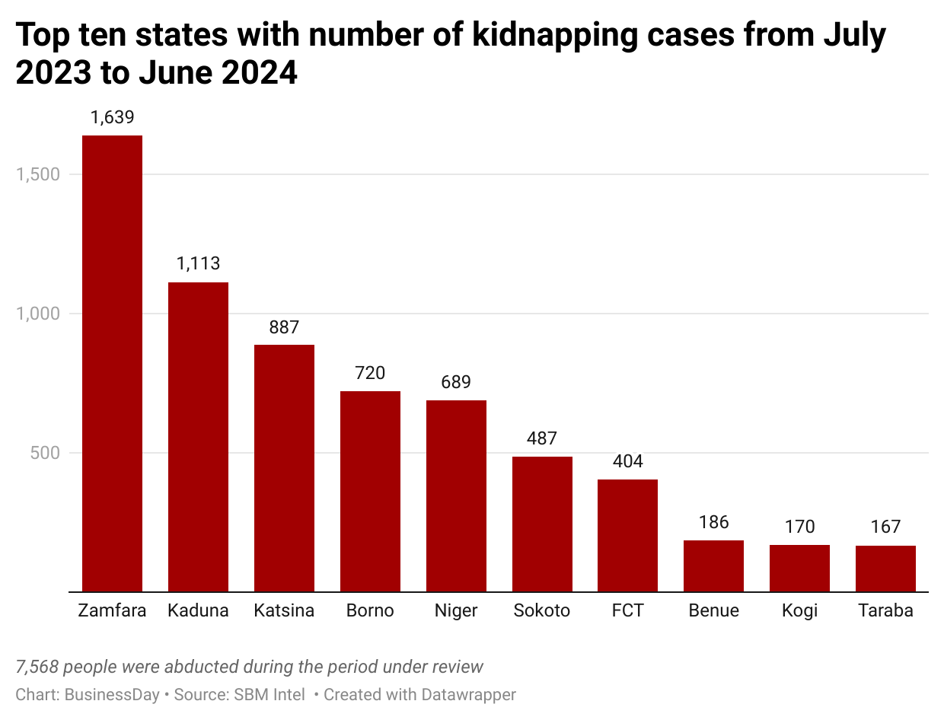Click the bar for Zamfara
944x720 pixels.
tap(112, 363)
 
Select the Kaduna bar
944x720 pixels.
tap(198, 437)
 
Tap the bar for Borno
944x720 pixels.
tap(370, 491)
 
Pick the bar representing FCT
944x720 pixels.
tap(627, 535)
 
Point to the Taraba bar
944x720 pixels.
tap(885, 569)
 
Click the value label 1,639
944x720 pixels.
tap(112, 117)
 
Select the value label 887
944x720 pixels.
tap(284, 327)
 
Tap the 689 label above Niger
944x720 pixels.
tap(456, 382)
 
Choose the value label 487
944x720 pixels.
tap(542, 438)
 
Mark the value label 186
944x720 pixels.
tap(713, 522)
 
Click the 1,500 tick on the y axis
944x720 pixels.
tap(38, 174)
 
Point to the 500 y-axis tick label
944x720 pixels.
tap(46, 453)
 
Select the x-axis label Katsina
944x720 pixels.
tap(284, 610)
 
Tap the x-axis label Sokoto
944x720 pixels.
tap(542, 610)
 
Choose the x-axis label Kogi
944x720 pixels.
tap(799, 610)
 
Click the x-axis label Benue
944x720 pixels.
tap(713, 610)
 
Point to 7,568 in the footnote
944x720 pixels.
tap(36, 667)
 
